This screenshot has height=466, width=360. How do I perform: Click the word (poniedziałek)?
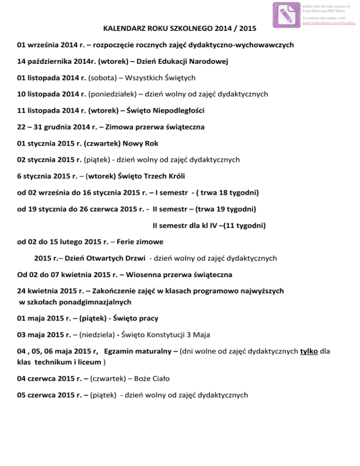tap(111, 94)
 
